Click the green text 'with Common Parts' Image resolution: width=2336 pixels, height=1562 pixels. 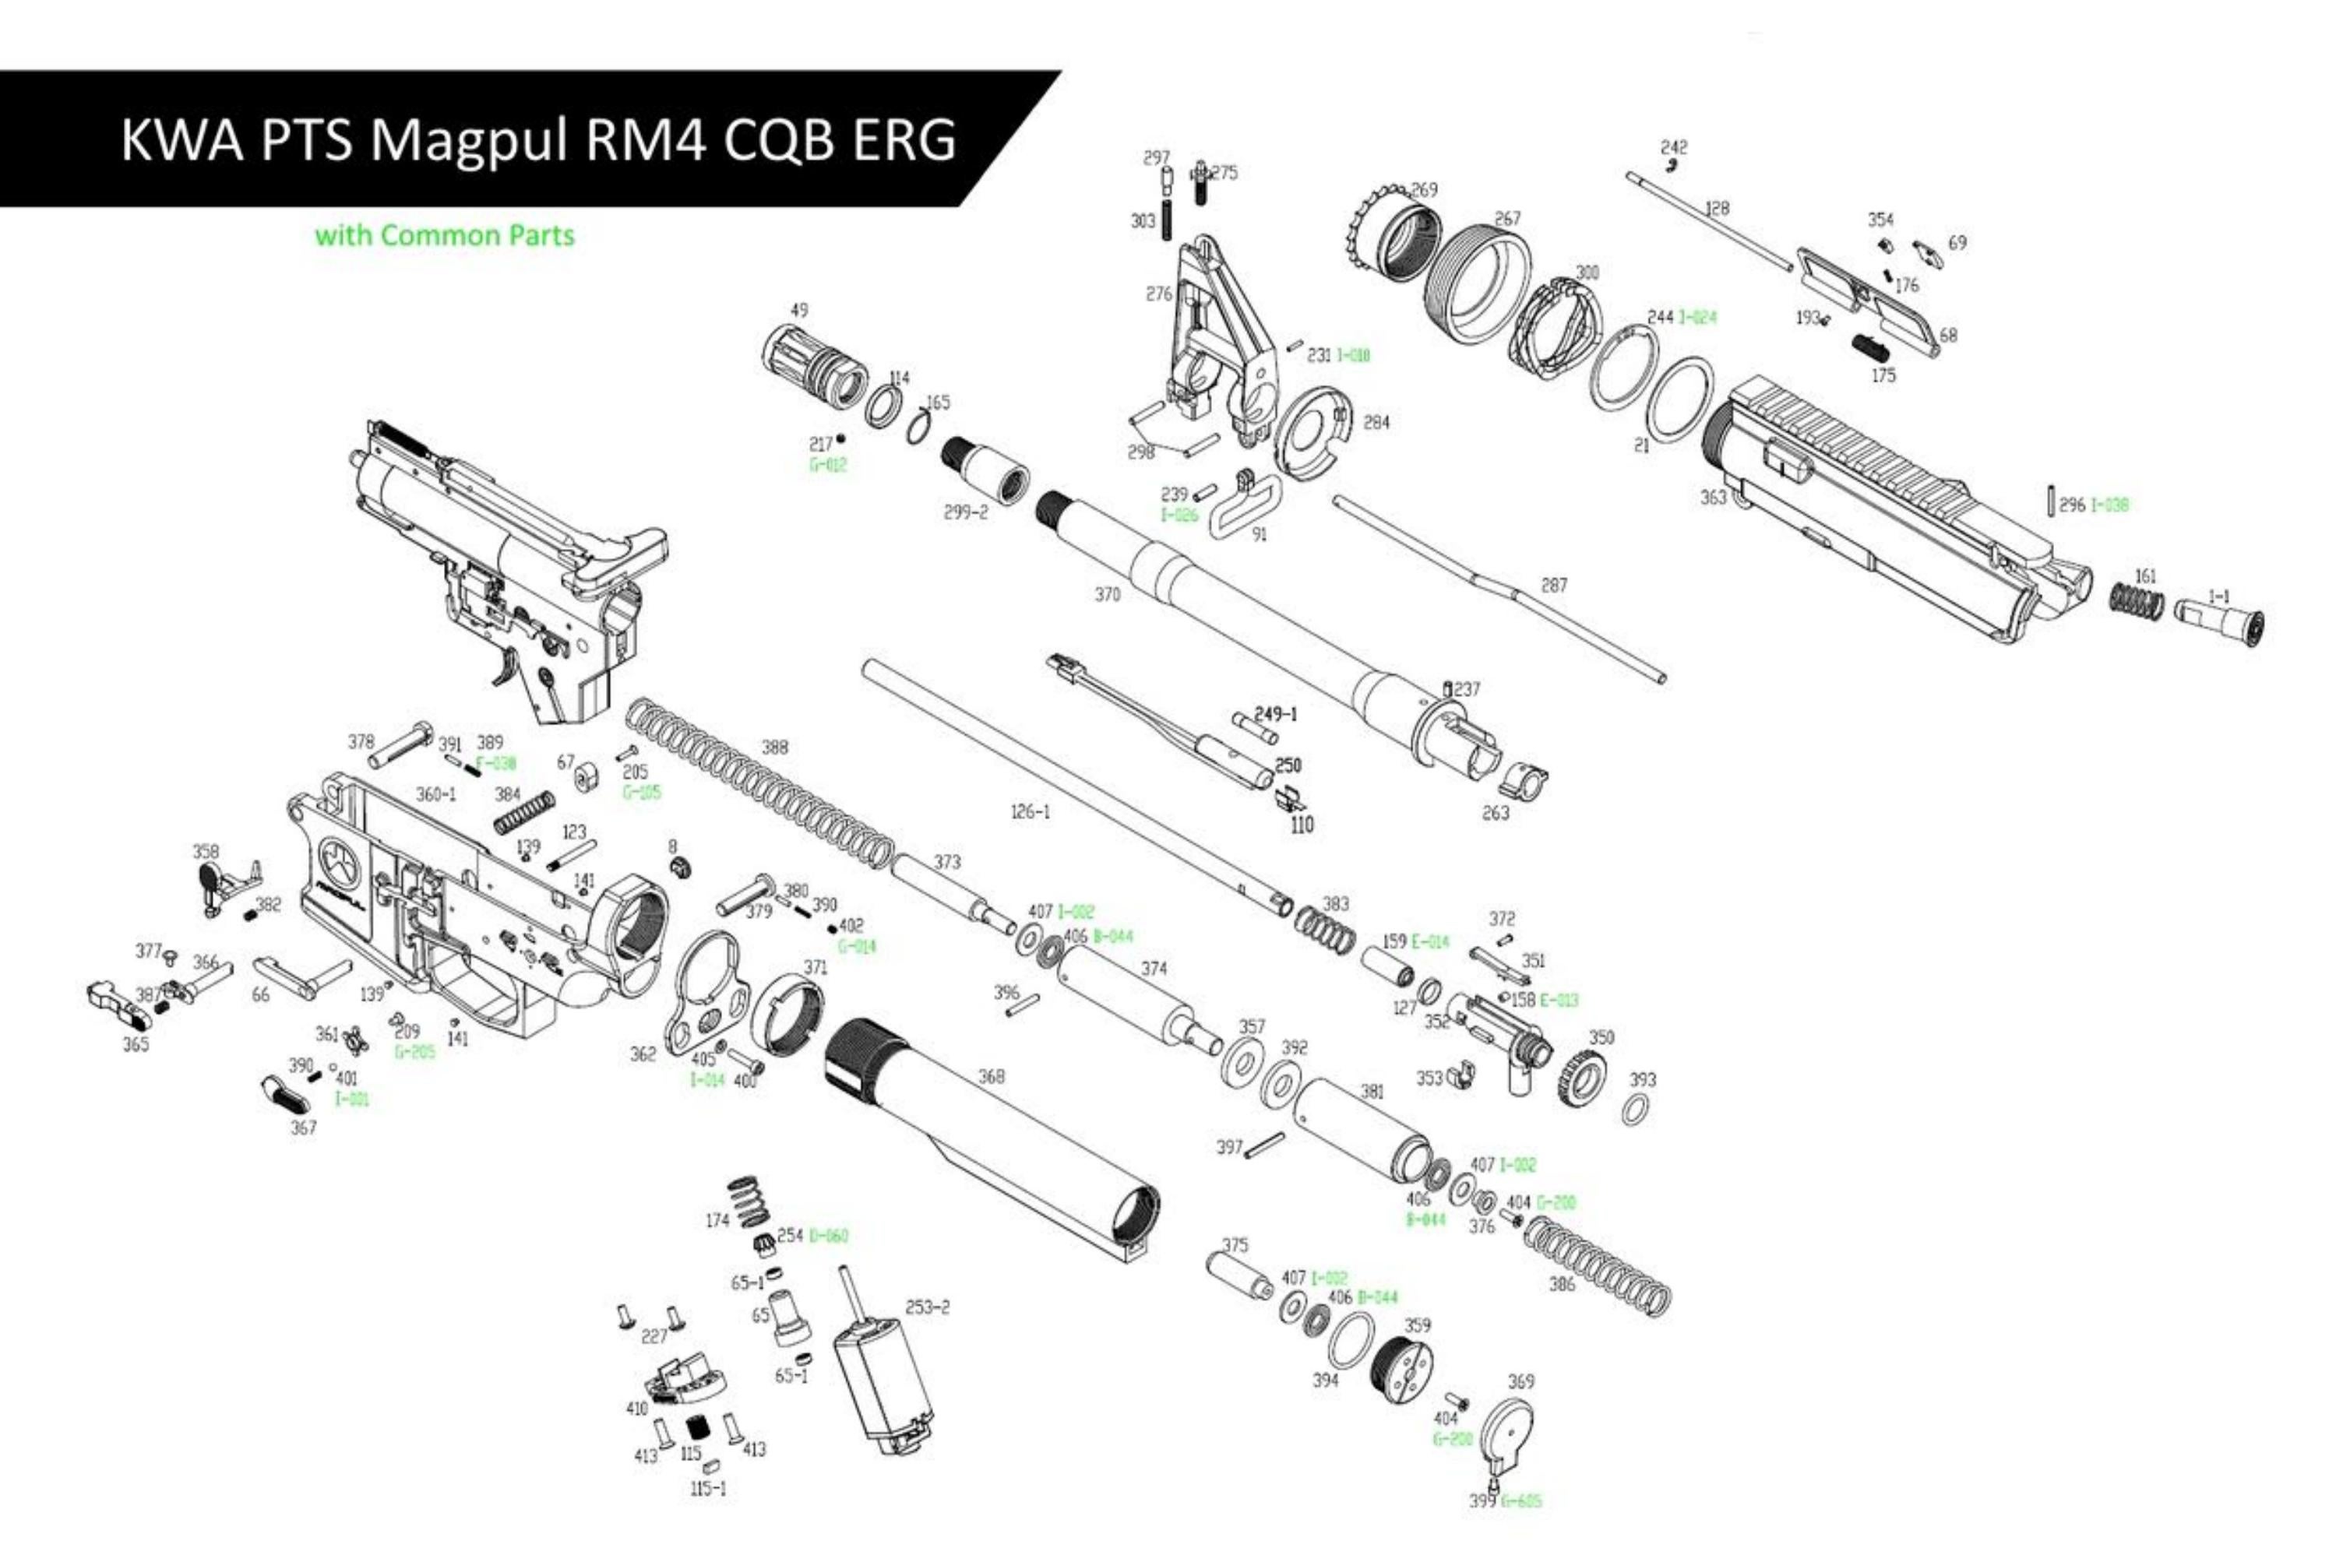pos(445,236)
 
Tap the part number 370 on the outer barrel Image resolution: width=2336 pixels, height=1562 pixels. pos(1107,595)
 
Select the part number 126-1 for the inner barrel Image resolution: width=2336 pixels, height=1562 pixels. pos(1030,812)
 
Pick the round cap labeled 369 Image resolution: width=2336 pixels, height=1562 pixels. pos(1506,1434)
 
